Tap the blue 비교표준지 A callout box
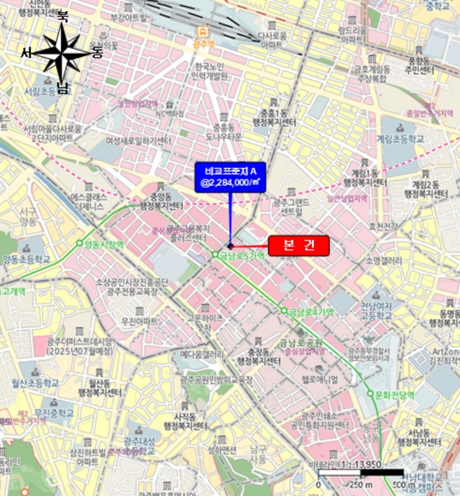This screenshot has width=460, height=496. [x=230, y=177]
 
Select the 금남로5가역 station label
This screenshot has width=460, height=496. [x=243, y=255]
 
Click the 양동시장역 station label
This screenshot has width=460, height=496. [x=104, y=244]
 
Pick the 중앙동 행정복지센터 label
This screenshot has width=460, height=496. [x=161, y=201]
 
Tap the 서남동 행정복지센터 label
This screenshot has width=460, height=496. [x=416, y=436]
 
